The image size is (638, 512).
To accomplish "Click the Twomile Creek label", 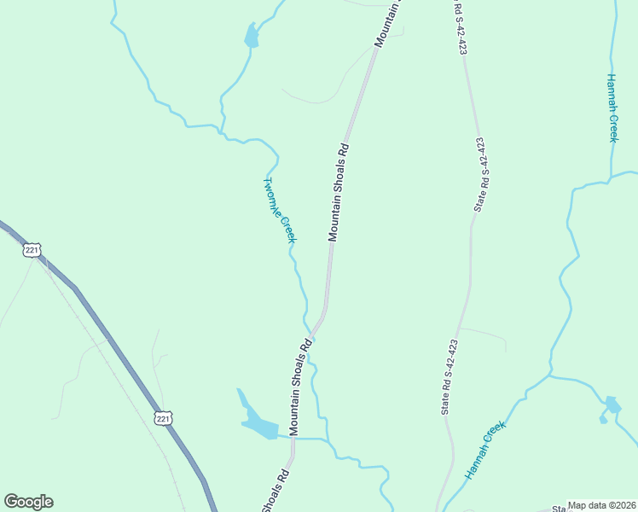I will pos(279,210).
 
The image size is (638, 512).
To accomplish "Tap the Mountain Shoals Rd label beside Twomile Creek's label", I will pos(339,192).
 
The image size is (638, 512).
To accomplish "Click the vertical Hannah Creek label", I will pos(612,108).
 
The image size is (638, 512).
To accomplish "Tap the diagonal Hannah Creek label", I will pos(486,449).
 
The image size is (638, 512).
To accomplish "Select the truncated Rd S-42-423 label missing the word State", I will pos(460,27).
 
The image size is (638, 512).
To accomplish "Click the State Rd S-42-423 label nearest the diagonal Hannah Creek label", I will pos(449,377).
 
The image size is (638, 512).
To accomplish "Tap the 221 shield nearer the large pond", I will pos(165,417).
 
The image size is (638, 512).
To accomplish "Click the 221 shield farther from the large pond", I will pos(32,250).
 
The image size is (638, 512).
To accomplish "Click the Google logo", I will pos(28,502).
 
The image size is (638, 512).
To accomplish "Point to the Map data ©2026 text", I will pos(601,505).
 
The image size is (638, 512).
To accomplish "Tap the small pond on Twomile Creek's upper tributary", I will pos(251,37).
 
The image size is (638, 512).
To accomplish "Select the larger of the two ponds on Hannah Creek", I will pos(612,404).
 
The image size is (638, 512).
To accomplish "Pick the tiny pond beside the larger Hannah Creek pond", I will pos(603,419).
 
